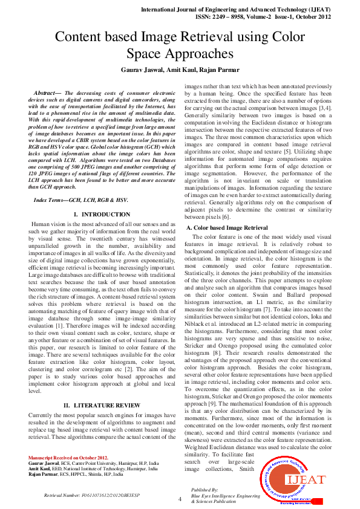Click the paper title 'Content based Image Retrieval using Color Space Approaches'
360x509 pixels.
[x=180, y=45]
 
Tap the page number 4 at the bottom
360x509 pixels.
[x=180, y=499]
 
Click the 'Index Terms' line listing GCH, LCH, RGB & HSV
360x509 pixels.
[x=80, y=198]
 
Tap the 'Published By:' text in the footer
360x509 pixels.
[x=205, y=489]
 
